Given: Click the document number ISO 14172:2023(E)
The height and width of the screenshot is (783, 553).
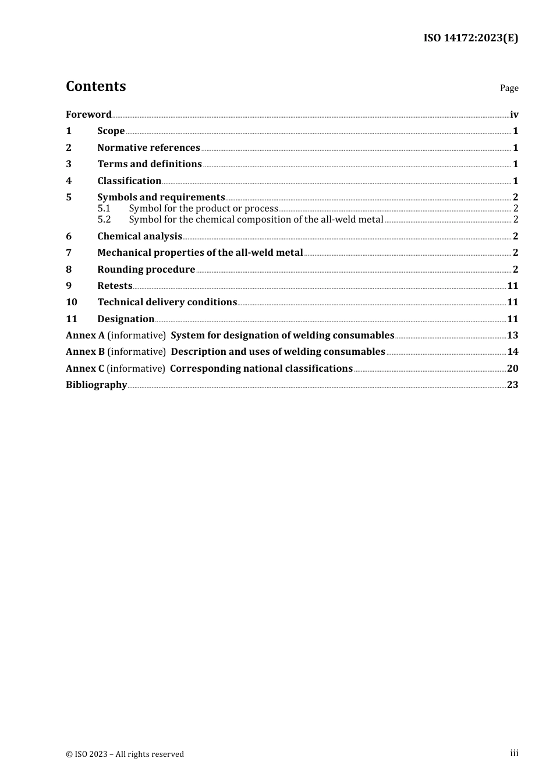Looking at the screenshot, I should (470, 38).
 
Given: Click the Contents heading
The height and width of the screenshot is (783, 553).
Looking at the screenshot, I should (96, 86).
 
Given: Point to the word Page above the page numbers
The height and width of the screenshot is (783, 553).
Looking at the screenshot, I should (509, 88).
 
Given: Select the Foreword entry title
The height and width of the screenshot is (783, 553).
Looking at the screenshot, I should (88, 114).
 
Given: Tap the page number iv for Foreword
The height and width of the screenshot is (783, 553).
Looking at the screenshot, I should (514, 115).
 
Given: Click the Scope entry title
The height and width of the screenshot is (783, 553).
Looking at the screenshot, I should (111, 131).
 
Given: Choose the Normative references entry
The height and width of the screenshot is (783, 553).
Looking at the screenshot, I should (148, 148).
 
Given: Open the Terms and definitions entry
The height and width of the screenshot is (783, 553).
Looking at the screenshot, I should (150, 164).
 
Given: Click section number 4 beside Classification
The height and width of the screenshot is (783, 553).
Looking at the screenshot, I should (69, 181).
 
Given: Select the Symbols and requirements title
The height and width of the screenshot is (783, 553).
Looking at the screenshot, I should (161, 197).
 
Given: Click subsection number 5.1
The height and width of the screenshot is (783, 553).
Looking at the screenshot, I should (104, 209).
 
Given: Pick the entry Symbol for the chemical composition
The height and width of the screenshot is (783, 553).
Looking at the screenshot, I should (256, 220).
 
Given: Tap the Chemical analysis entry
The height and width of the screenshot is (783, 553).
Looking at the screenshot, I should (140, 237).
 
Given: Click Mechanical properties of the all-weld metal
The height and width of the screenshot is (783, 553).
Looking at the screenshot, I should (200, 253).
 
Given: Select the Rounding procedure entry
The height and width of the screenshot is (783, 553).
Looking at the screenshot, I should (146, 270).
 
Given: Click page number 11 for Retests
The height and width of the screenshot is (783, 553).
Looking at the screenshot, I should (512, 286).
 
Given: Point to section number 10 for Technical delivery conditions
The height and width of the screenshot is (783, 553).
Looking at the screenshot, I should (72, 302).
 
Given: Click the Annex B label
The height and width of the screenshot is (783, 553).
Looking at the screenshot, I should (85, 352).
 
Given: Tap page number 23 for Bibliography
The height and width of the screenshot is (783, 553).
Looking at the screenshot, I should (512, 385).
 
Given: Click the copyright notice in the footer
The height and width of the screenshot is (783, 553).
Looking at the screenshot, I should (125, 754).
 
